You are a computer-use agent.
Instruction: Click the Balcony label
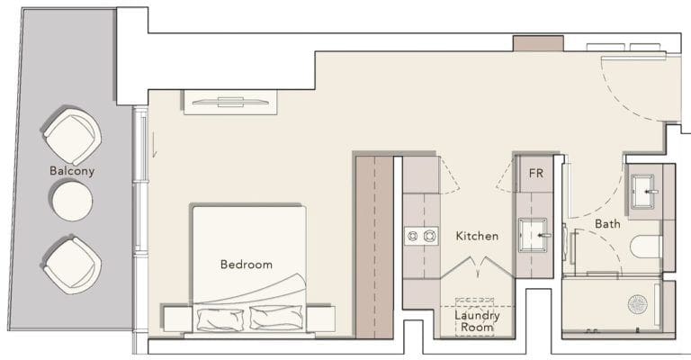[x=72, y=170]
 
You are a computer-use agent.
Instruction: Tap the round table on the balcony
[x=73, y=202]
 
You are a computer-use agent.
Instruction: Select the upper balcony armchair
[x=72, y=135]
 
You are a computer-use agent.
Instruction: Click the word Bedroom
[x=246, y=265]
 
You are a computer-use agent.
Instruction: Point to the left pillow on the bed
[x=220, y=318]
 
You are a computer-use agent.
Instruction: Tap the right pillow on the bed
[x=276, y=318]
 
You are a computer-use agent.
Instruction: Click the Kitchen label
[x=476, y=236]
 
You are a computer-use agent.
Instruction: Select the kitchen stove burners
[x=420, y=236]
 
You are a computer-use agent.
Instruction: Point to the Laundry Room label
[x=476, y=321]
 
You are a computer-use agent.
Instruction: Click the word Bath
[x=607, y=222]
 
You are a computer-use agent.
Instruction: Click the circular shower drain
[x=638, y=304]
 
